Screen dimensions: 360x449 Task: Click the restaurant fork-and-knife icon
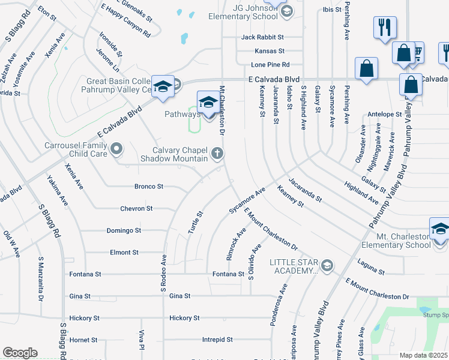click(x=384, y=28)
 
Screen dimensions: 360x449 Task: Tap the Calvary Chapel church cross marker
click(x=217, y=154)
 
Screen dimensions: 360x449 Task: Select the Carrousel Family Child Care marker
click(x=117, y=148)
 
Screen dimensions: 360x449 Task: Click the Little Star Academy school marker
click(x=327, y=265)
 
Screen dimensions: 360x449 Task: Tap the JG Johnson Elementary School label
click(x=259, y=16)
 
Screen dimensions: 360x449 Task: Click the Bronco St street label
click(x=149, y=187)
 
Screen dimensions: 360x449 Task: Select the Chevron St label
click(x=137, y=209)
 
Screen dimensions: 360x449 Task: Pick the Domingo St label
click(x=124, y=230)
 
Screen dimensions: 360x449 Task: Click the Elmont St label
click(x=124, y=253)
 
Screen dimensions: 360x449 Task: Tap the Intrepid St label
click(x=217, y=340)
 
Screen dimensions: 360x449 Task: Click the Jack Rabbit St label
click(x=262, y=37)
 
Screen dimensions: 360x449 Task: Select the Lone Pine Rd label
click(x=270, y=64)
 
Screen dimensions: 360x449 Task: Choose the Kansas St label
click(x=269, y=51)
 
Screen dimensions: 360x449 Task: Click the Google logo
click(x=20, y=353)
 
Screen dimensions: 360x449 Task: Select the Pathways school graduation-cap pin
click(x=208, y=101)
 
